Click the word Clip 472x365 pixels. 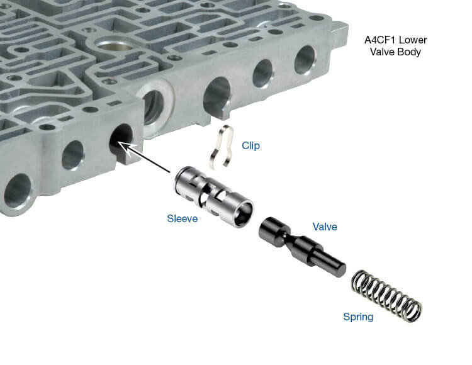point(250,145)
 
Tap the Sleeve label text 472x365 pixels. point(182,218)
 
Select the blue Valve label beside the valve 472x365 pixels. point(325,227)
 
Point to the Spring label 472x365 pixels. point(357,317)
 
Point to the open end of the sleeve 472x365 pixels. point(240,214)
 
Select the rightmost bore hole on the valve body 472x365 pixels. point(305,59)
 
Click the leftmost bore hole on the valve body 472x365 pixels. point(18,190)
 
